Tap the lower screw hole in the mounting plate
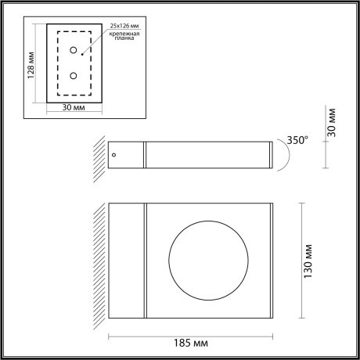[x=74, y=76]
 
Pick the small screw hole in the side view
[x=115, y=155]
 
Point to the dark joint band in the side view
[x=144, y=155]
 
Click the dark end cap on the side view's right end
[x=272, y=155]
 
